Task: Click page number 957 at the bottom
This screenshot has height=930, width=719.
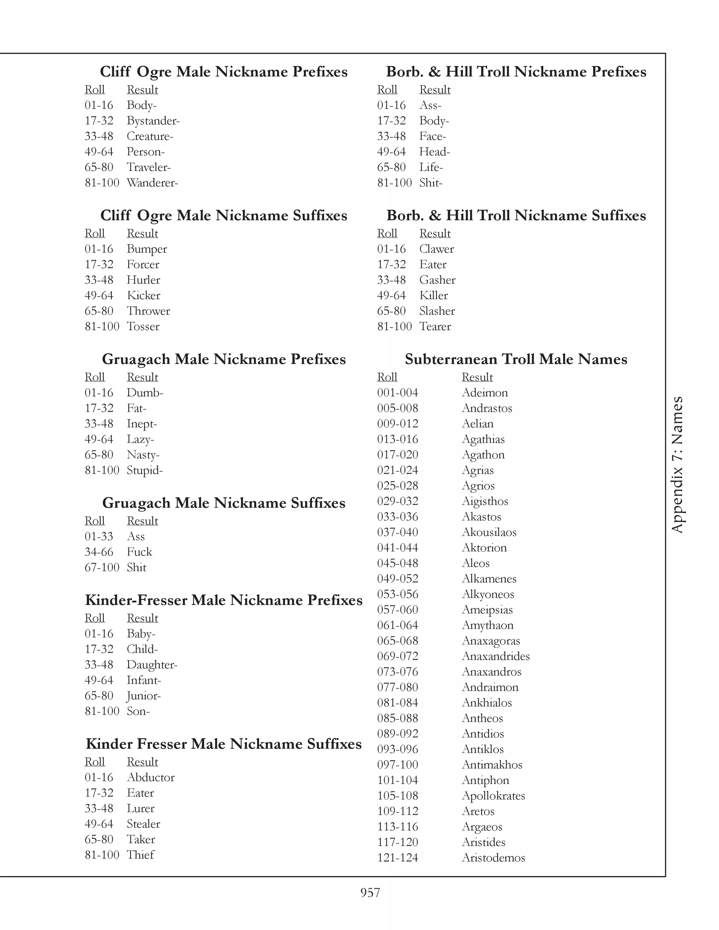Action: click(x=370, y=892)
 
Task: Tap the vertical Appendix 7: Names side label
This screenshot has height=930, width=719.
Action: click(x=677, y=465)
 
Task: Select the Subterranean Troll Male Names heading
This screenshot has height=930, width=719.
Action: click(x=516, y=359)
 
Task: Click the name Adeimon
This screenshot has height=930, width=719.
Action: click(x=485, y=393)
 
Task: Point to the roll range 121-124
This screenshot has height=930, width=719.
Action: click(x=397, y=858)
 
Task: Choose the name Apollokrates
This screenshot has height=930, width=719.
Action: click(x=493, y=796)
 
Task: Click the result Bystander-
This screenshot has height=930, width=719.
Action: click(x=153, y=121)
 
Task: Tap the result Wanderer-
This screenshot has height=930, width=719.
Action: click(x=152, y=183)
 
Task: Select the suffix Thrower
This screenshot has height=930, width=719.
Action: click(x=148, y=311)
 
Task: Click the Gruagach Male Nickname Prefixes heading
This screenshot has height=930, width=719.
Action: click(x=224, y=359)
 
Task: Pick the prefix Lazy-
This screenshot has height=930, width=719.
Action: click(x=140, y=439)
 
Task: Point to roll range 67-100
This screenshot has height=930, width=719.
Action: click(x=102, y=567)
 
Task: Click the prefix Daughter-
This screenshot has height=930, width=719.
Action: click(x=152, y=665)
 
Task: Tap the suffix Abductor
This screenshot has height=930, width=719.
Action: click(x=151, y=778)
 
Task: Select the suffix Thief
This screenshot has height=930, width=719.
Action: click(x=140, y=855)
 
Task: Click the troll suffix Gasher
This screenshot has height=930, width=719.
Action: click(x=437, y=280)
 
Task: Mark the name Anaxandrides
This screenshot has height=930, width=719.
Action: click(x=495, y=656)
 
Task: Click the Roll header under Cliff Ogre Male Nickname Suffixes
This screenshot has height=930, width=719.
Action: click(x=94, y=233)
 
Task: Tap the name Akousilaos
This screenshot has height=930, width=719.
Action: click(x=489, y=532)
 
